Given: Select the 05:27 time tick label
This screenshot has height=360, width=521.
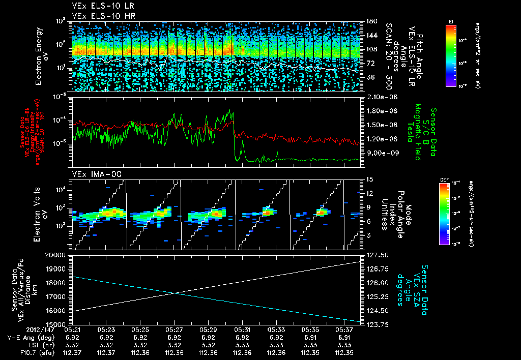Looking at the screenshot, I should click(174, 329).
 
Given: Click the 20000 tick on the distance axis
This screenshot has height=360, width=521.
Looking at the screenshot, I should click(58, 255).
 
